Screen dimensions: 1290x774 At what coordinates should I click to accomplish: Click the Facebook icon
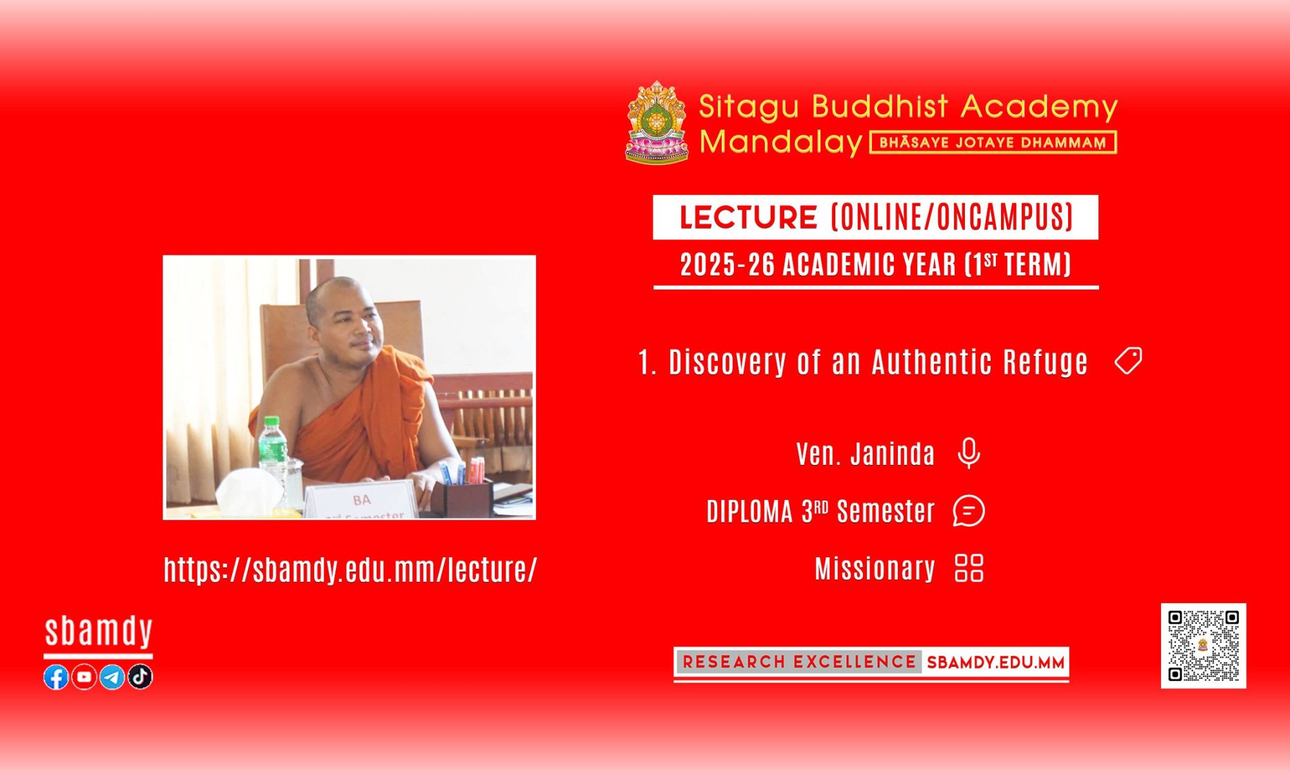pyautogui.click(x=56, y=677)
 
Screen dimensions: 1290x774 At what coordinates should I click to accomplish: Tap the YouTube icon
pyautogui.click(x=84, y=677)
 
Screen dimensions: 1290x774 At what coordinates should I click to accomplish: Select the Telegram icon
pyautogui.click(x=112, y=677)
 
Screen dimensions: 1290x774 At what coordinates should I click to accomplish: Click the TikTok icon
pyautogui.click(x=140, y=677)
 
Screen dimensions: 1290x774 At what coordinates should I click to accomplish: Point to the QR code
pyautogui.click(x=1204, y=646)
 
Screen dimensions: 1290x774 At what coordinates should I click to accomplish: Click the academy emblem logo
pyautogui.click(x=657, y=122)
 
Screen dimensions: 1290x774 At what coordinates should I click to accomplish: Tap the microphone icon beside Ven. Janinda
pyautogui.click(x=969, y=453)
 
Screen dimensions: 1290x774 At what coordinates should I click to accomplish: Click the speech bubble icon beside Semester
pyautogui.click(x=969, y=511)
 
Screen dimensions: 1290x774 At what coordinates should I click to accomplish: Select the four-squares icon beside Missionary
pyautogui.click(x=969, y=568)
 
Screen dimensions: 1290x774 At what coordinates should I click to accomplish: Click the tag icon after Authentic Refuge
pyautogui.click(x=1128, y=361)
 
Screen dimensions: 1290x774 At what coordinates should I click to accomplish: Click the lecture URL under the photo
pyautogui.click(x=350, y=570)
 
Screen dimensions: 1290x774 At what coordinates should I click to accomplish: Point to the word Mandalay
pyautogui.click(x=781, y=142)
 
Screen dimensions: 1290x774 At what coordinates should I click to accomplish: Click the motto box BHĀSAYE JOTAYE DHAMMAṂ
pyautogui.click(x=993, y=143)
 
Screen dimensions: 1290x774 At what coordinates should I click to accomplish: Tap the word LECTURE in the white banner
pyautogui.click(x=749, y=217)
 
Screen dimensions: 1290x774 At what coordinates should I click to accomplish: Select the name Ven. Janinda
pyautogui.click(x=866, y=454)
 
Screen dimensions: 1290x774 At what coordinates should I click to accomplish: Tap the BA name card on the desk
pyautogui.click(x=361, y=501)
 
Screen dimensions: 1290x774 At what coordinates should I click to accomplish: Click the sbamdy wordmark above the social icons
pyautogui.click(x=99, y=632)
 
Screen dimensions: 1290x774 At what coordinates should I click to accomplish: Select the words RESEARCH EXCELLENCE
pyautogui.click(x=799, y=662)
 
